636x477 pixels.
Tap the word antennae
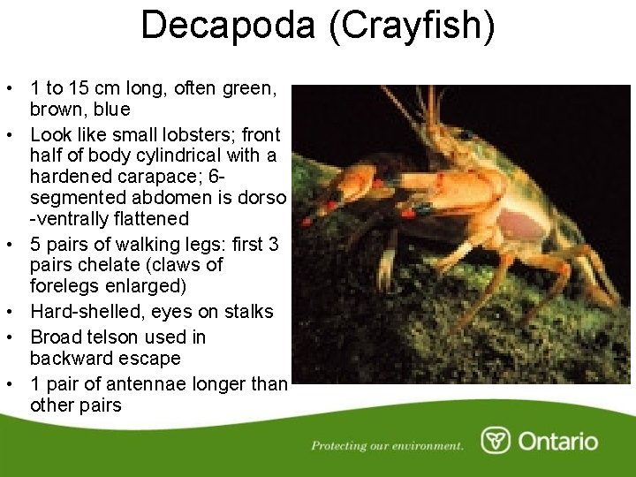(147, 384)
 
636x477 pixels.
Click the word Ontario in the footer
(557, 442)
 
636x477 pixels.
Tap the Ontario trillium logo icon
(496, 441)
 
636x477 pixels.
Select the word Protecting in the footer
(341, 445)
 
